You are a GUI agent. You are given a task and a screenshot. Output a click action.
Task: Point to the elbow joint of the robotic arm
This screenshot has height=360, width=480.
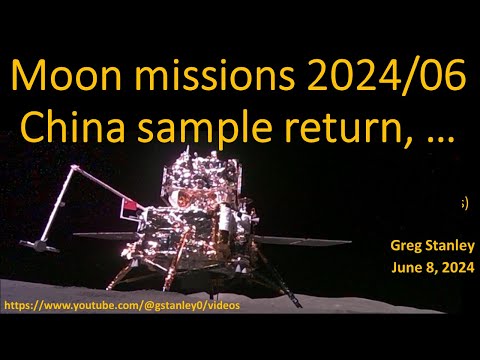point(69,176)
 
